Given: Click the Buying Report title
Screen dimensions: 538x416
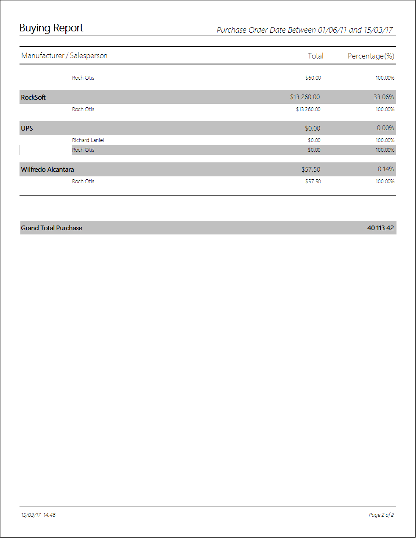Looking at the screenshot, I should point(51,28).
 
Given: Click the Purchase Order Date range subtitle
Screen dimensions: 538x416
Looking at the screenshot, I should point(304,30).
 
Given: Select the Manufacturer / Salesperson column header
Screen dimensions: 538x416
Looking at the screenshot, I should point(64,56).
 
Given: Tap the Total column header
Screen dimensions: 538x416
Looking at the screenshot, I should point(315,56).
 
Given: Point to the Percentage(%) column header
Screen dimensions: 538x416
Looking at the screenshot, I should point(371,56).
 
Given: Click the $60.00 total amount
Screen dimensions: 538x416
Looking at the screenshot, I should point(313,78).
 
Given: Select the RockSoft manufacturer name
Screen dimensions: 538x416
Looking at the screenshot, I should point(34,98).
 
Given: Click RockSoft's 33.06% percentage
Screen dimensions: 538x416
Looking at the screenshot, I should point(384,97).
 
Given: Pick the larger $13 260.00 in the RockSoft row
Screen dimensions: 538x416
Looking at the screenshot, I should point(305,97).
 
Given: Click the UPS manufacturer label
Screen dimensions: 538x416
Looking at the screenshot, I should point(27,128).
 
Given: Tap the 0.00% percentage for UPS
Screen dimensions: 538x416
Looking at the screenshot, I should point(385,128).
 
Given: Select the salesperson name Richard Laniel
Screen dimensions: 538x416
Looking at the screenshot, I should point(88,140).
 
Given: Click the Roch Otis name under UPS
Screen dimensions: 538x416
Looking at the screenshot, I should point(83,150).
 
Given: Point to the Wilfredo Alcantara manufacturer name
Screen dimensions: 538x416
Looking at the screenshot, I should point(47,170).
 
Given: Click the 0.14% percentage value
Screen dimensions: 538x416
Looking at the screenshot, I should point(386,169).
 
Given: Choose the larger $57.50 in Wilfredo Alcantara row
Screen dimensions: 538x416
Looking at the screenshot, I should point(311,170).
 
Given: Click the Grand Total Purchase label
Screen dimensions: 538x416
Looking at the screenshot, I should point(52,228).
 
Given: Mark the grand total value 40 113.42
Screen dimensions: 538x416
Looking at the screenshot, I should point(380,228).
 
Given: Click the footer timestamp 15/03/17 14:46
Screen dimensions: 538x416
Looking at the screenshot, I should point(38,515).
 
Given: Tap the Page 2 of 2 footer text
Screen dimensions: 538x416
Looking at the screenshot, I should point(381,515).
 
